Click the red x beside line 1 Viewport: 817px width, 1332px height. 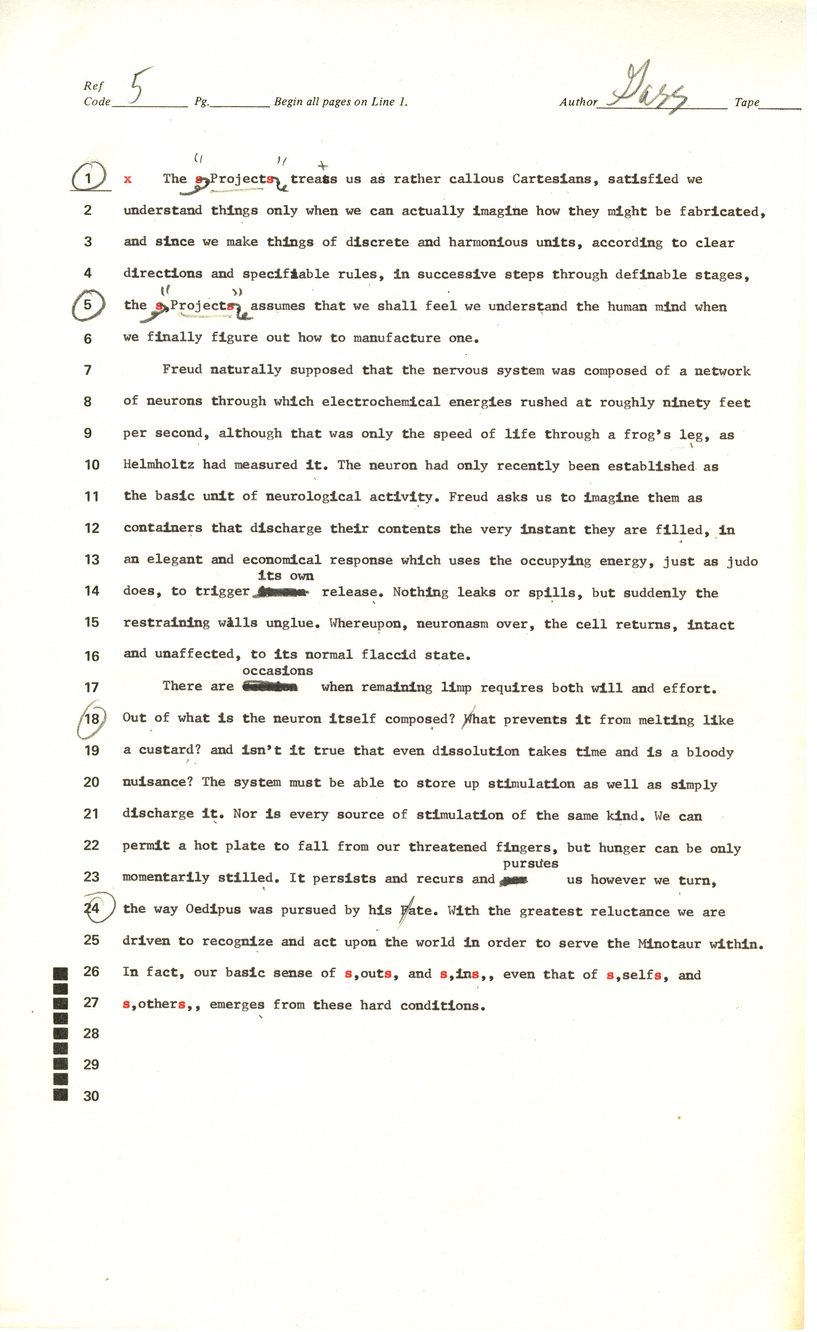coord(128,180)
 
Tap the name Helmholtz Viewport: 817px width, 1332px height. coord(158,465)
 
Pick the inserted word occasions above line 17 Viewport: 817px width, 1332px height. coord(278,671)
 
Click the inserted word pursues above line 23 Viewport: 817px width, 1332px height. coord(531,863)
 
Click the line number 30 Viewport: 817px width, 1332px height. coord(91,1096)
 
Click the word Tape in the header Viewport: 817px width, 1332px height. coord(747,102)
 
